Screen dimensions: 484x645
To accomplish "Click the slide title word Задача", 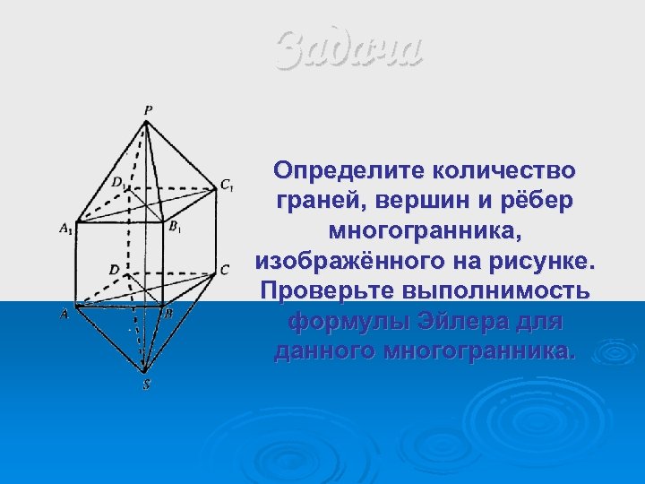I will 348,49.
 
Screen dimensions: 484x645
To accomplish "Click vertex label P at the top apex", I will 148,109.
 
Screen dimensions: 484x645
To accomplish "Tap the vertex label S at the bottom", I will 145,385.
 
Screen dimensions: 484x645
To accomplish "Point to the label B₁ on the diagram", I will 176,226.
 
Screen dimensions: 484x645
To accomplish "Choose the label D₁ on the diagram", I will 118,182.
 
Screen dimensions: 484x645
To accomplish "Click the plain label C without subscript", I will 225,269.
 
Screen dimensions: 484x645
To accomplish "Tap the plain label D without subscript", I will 114,269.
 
